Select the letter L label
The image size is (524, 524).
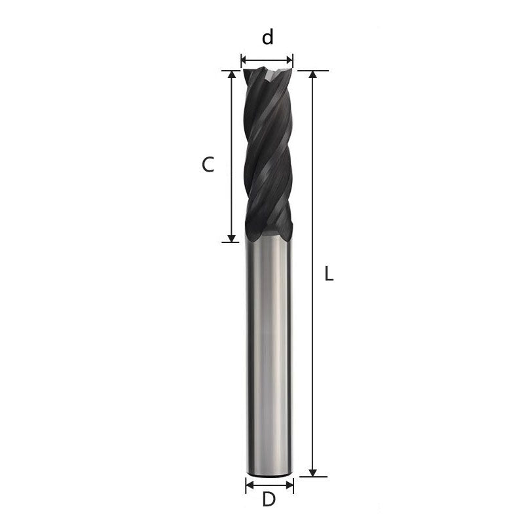tap(329, 275)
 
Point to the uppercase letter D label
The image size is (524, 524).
tap(268, 500)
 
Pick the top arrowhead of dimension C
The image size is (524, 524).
tap(231, 75)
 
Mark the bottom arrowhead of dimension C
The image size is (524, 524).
tap(231, 237)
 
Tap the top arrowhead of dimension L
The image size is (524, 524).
tap(313, 75)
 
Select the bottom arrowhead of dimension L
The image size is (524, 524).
tap(313, 472)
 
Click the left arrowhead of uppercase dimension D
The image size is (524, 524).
tap(250, 485)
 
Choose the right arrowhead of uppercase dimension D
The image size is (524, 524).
tap(290, 485)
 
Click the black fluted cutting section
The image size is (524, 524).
tap(267, 157)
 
